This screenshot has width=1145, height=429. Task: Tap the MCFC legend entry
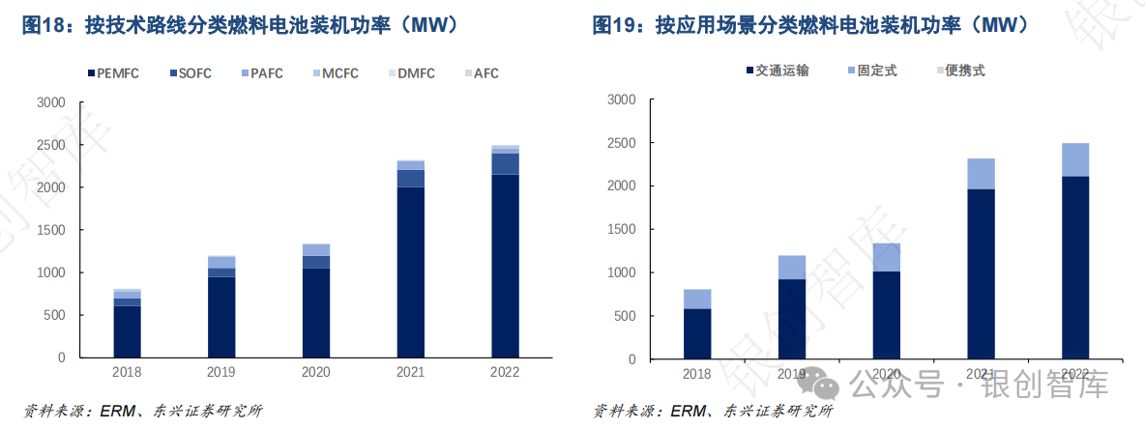pos(338,73)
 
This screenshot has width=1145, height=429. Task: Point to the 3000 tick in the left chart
pos(50,102)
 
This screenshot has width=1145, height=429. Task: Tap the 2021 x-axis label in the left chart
pos(410,372)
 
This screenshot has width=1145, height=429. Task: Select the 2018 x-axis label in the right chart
pos(696,374)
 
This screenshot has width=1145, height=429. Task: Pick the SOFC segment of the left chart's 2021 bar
pos(410,178)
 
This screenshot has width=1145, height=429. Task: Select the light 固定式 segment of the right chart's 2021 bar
pos(981,174)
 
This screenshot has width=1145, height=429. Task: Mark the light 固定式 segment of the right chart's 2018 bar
pos(696,299)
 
